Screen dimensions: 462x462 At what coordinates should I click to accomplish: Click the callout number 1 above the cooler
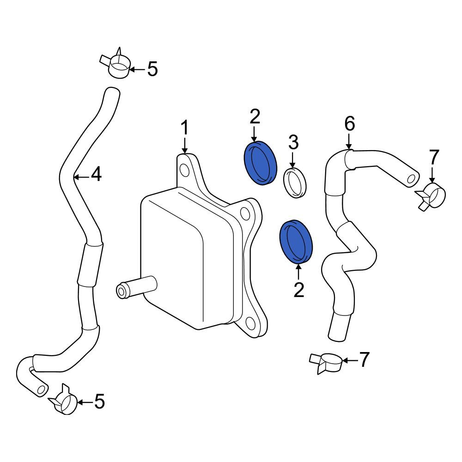pos(184,128)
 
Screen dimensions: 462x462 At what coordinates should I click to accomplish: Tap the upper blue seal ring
pos(261,163)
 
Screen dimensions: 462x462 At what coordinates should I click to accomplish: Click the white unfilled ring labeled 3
pos(295,182)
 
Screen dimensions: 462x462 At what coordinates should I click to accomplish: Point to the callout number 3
pos(293,142)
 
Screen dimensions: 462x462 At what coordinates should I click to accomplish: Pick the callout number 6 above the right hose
pos(349,123)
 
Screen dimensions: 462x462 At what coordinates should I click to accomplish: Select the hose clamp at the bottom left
pos(64,399)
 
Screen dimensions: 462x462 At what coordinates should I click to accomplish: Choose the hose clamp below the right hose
pos(326,362)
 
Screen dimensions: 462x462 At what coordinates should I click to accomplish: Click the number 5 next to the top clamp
pos(152,69)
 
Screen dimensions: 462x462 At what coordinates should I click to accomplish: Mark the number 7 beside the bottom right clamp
pos(364,359)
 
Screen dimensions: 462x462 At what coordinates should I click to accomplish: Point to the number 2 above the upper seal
pos(255,116)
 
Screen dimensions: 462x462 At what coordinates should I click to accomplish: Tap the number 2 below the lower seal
pos(299,290)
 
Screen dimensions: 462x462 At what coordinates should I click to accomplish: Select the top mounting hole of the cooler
pos(185,171)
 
